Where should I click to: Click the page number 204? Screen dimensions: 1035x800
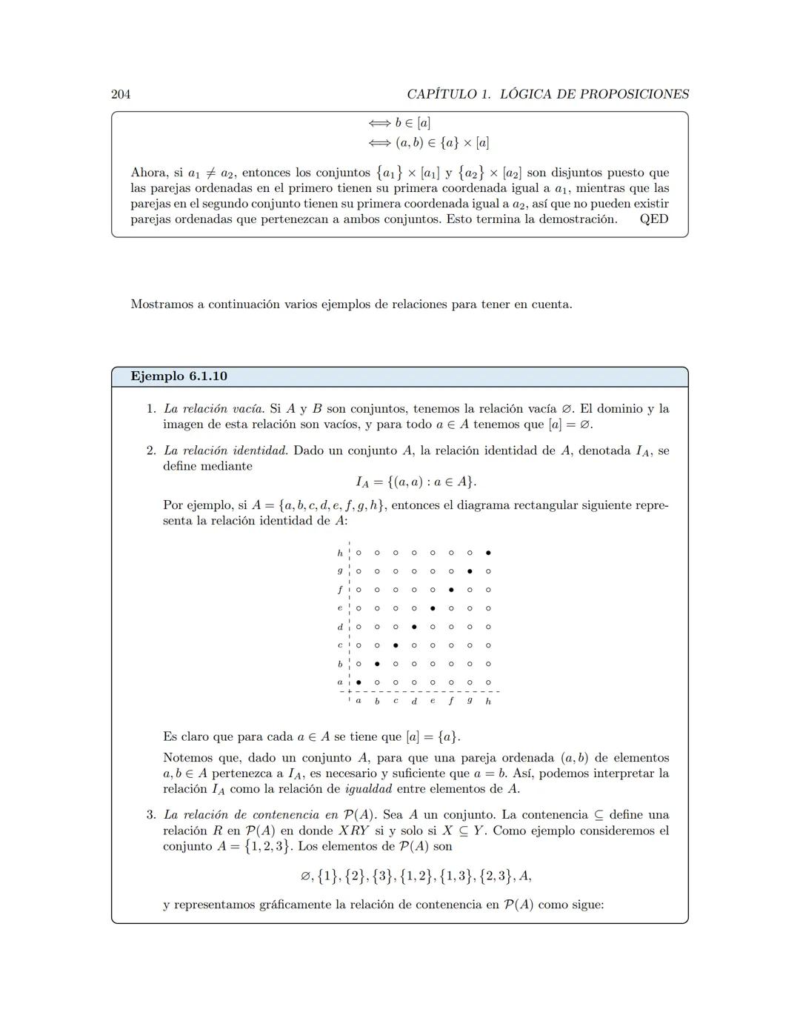point(121,94)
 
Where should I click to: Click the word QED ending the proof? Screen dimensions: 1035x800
point(653,219)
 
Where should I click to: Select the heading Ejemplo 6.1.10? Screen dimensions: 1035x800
point(179,376)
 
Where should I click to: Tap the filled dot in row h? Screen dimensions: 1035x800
point(488,553)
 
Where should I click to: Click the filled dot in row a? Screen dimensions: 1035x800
point(359,682)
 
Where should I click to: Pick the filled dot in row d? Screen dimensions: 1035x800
point(414,627)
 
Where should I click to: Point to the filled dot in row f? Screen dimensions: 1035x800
point(451,590)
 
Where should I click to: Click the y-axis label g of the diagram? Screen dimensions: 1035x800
point(340,571)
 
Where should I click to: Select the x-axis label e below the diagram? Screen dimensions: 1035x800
point(433,701)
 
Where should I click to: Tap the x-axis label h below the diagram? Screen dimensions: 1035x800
point(488,701)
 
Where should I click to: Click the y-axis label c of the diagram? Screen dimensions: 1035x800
point(340,645)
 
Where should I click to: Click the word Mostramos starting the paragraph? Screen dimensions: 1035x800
point(161,304)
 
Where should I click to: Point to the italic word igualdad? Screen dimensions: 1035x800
point(369,789)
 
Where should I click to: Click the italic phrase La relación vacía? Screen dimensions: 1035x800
point(213,409)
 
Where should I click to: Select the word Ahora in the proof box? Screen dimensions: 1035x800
point(148,173)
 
